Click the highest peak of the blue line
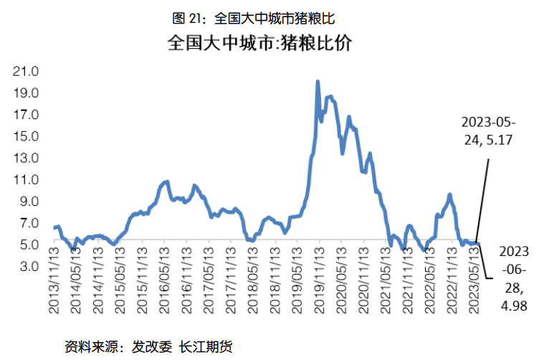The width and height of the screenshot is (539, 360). click(x=318, y=82)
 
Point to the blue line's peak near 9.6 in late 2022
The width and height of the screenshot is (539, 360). click(x=449, y=194)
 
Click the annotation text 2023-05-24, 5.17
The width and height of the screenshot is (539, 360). click(x=487, y=129)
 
